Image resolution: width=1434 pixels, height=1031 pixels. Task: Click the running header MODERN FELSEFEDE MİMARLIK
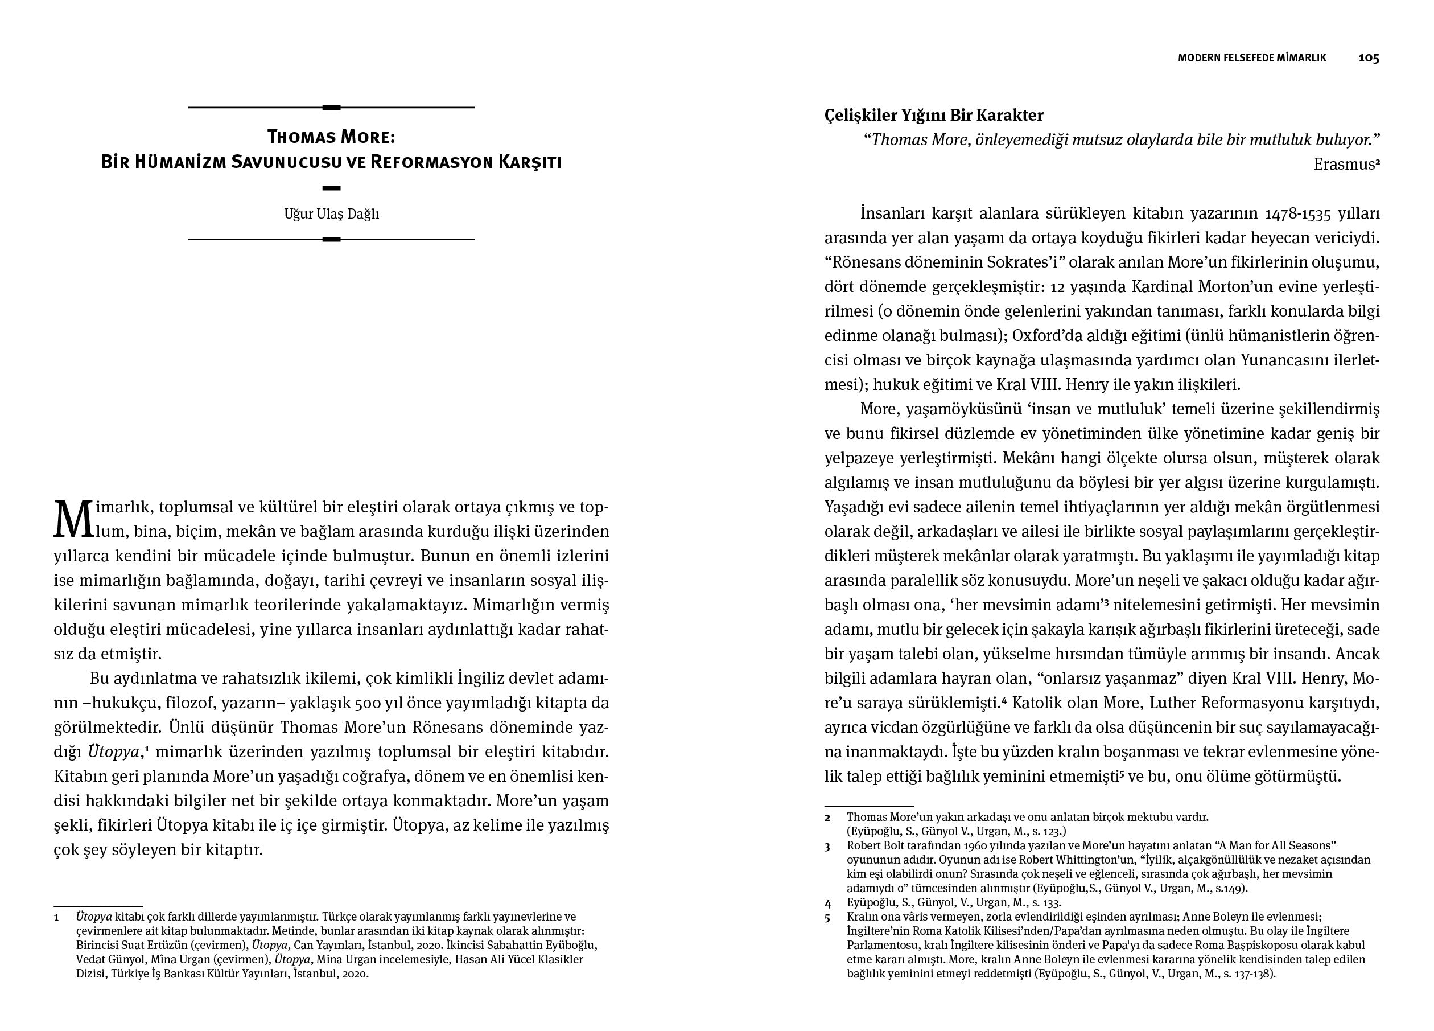[x=1252, y=58]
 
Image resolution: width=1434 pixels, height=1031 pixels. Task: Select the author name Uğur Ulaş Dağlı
[x=331, y=214]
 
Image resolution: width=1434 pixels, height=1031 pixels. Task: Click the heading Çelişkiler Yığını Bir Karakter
[x=934, y=115]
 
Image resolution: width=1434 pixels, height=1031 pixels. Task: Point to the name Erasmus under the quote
[x=1343, y=165]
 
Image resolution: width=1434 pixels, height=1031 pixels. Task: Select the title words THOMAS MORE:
[x=331, y=137]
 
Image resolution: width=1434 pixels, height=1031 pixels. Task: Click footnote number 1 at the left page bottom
[x=56, y=917]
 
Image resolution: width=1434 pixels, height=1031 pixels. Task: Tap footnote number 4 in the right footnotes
[x=827, y=903]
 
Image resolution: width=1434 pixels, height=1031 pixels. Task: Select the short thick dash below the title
[x=331, y=188]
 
